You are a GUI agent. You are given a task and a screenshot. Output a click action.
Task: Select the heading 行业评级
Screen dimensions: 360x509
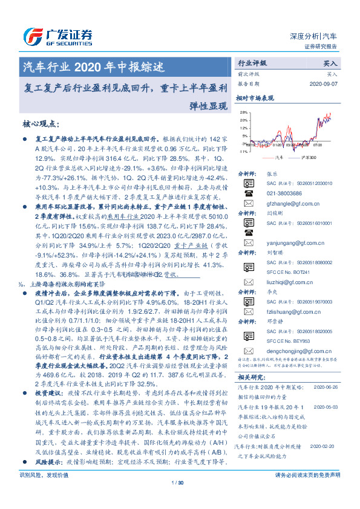coord(252,62)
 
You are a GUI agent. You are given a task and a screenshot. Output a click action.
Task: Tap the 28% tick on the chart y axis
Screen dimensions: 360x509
coord(243,112)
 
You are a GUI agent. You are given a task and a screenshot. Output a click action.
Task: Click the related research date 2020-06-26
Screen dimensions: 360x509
coord(327,388)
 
